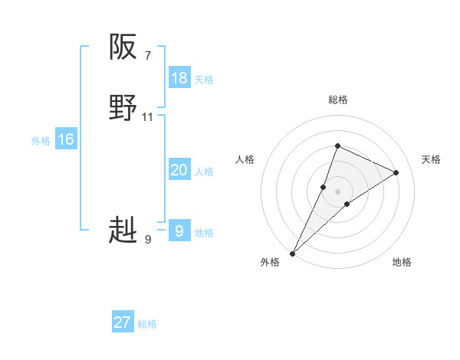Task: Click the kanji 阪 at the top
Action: click(123, 47)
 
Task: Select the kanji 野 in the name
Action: click(123, 109)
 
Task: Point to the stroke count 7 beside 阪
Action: click(147, 55)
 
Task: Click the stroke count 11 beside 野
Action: click(148, 117)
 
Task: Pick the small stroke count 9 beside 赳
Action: click(147, 240)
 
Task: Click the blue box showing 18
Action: click(179, 78)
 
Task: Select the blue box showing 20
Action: click(179, 170)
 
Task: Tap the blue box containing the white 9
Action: click(179, 231)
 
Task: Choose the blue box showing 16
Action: click(66, 139)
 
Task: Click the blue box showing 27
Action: click(123, 322)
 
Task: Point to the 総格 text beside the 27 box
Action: click(147, 324)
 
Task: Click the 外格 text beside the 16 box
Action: click(41, 141)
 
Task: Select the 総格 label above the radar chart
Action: click(337, 100)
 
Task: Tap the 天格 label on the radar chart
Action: click(431, 159)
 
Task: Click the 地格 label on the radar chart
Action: click(402, 262)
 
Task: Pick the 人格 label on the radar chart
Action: click(245, 159)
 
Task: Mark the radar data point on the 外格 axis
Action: click(292, 253)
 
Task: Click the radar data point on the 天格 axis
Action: click(396, 172)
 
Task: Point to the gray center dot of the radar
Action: click(337, 191)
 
